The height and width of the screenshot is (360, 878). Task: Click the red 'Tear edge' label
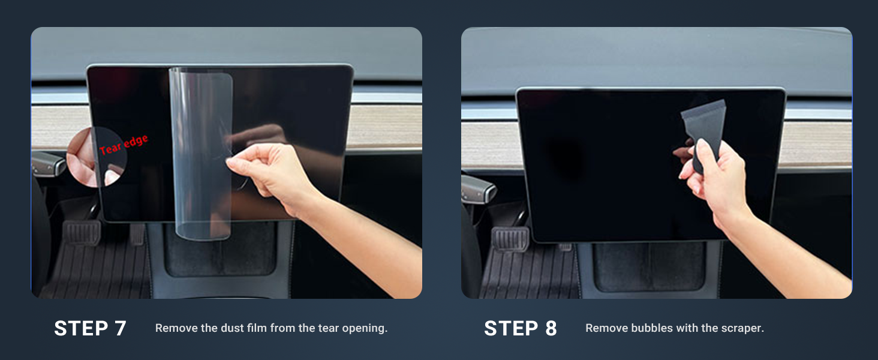(x=124, y=145)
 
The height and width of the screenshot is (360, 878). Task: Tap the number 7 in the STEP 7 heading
(x=120, y=329)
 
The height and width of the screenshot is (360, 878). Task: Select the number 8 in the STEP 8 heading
(x=551, y=329)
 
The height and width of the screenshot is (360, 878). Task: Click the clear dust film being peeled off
(x=202, y=153)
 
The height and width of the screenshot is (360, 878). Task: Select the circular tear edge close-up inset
(x=97, y=157)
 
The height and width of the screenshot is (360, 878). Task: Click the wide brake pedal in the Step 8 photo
(x=510, y=238)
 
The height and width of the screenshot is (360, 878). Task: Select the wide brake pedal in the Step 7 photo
(x=82, y=233)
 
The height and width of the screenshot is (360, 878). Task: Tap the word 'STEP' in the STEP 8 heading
(x=511, y=329)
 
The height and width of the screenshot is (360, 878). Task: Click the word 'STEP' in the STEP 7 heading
(x=81, y=329)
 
